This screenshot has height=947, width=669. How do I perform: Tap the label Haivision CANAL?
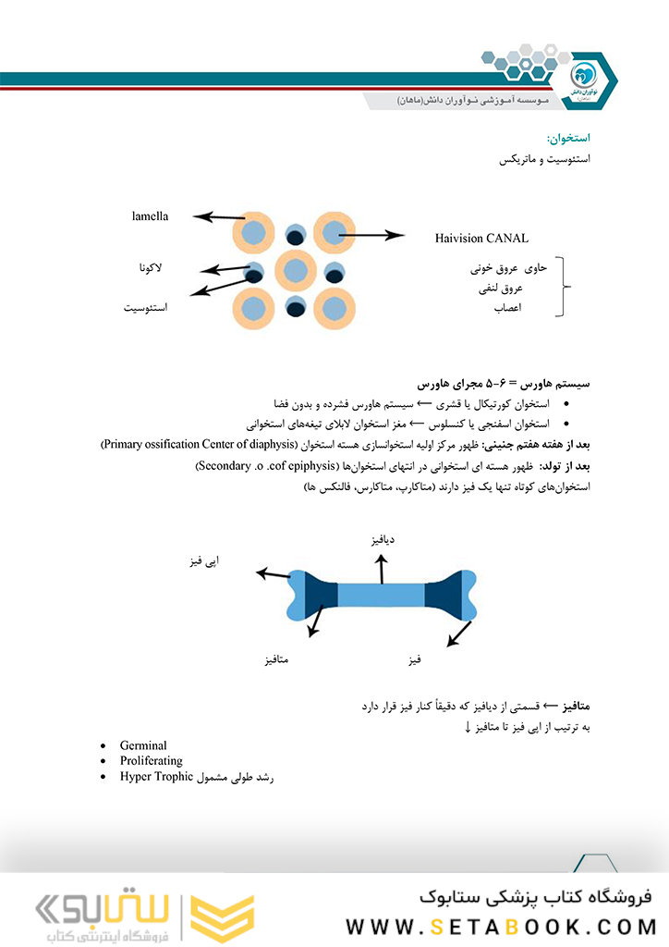coord(481,239)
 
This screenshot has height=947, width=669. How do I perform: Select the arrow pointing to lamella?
coord(219,217)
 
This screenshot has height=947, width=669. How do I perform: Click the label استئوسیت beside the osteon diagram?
coord(146,306)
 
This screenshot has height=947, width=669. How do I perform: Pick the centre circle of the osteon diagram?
coord(296,271)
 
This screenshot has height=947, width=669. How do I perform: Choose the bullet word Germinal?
coord(143,744)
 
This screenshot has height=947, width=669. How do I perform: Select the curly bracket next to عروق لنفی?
coord(563,288)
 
